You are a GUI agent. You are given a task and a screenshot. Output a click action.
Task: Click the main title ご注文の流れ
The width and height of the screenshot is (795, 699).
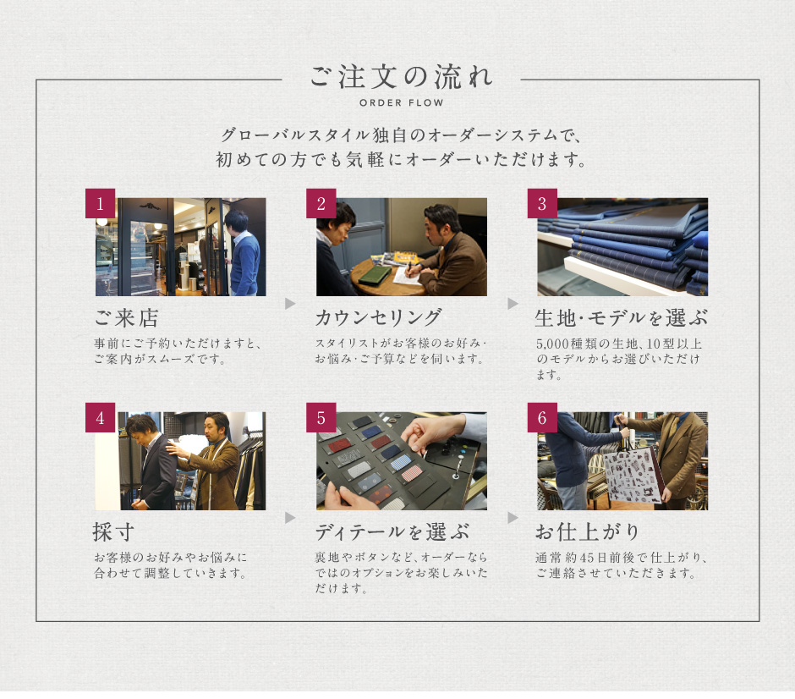click(x=401, y=77)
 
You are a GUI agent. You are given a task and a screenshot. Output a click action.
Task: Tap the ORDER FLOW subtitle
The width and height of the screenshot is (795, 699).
click(x=402, y=103)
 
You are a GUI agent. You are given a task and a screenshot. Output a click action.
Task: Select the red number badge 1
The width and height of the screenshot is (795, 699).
click(x=100, y=203)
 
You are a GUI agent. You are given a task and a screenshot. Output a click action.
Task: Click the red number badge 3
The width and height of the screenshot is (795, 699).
click(x=542, y=203)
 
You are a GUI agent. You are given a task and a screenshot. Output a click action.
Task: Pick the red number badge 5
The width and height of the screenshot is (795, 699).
click(x=321, y=417)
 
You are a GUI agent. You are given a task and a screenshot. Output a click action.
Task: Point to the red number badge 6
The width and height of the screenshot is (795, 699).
click(x=542, y=417)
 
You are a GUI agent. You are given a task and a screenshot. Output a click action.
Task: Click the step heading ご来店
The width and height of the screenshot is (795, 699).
click(x=126, y=318)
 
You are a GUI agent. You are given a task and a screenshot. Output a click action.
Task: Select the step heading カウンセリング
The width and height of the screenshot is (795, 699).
click(x=378, y=318)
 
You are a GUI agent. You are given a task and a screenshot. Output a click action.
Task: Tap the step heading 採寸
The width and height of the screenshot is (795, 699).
click(x=113, y=532)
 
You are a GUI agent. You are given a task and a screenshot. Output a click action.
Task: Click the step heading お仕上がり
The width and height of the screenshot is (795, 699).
click(x=587, y=532)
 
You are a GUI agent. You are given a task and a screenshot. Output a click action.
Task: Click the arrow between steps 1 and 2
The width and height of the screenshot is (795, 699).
click(x=290, y=303)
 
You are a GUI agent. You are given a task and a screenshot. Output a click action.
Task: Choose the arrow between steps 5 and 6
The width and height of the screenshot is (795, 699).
click(x=513, y=517)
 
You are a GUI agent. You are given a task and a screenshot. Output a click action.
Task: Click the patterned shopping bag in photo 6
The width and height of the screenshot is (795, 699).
click(x=633, y=475)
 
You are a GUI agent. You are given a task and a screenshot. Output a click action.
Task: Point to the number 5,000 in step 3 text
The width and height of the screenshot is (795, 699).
click(x=552, y=344)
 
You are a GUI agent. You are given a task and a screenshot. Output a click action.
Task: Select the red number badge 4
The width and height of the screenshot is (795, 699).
click(x=100, y=417)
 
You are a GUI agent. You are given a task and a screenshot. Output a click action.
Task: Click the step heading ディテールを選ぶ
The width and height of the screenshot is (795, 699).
click(x=392, y=532)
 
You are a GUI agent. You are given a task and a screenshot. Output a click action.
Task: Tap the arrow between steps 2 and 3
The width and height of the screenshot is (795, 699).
click(x=513, y=303)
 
